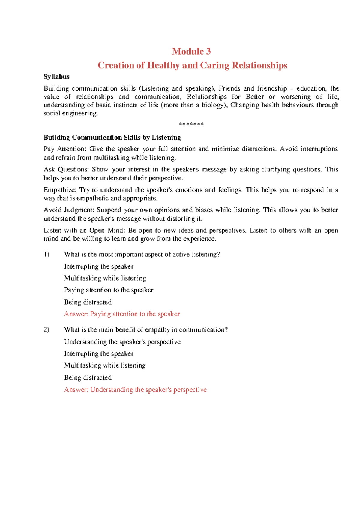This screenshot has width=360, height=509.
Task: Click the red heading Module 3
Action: [191, 51]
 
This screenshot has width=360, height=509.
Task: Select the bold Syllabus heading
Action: [56, 77]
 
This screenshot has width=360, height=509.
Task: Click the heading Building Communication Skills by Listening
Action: [112, 138]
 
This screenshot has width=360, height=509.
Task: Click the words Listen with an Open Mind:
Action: [85, 230]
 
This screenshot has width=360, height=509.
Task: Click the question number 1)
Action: [46, 255]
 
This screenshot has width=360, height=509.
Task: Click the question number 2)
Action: [46, 330]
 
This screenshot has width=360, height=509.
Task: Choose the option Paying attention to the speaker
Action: [109, 290]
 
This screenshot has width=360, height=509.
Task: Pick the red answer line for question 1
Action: [122, 314]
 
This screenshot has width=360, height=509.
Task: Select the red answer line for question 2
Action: [135, 390]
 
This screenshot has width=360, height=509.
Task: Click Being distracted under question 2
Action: [88, 377]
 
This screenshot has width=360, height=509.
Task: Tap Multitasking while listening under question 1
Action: [105, 278]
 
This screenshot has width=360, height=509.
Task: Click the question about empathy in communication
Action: [146, 330]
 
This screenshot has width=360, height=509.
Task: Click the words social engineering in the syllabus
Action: [70, 114]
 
